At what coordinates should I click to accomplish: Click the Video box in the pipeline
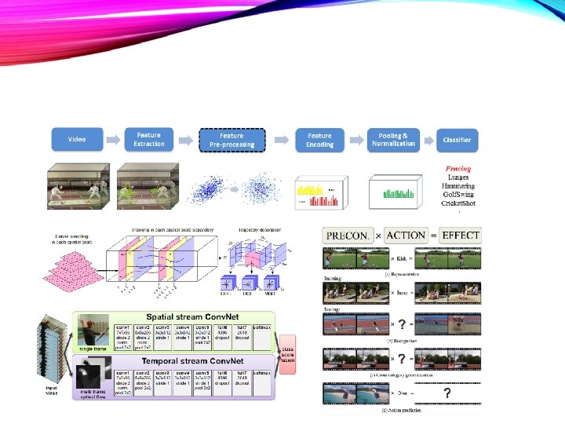pos(77,140)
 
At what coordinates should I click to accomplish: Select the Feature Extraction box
pos(149,140)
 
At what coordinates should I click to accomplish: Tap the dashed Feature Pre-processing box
pos(232,140)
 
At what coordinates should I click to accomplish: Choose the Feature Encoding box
pos(319,140)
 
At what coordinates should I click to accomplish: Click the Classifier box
pos(457,140)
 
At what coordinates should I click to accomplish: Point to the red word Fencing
pos(458,168)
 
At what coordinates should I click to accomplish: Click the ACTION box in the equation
pos(406,235)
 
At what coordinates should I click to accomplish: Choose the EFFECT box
pos(461,235)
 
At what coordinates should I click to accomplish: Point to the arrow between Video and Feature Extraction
pos(113,140)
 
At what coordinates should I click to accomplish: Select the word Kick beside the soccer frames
pos(400,258)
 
